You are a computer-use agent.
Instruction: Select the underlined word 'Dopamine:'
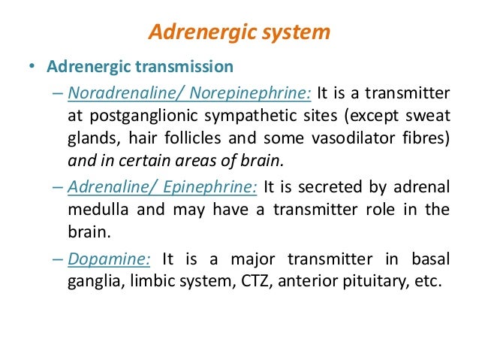tap(110, 259)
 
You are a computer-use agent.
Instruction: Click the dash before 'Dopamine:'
tap(59, 259)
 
